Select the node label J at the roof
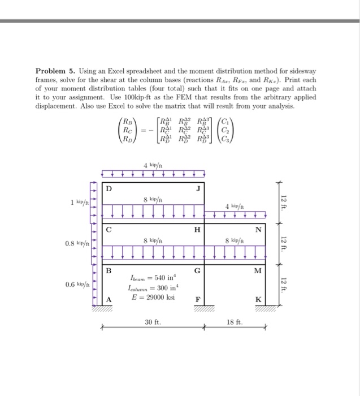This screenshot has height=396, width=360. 198,188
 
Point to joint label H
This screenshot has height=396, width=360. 196,229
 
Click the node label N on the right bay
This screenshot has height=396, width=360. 258,229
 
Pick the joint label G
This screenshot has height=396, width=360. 196,270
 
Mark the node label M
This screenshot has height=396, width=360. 258,270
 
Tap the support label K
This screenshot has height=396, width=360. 258,299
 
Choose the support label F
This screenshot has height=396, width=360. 196,299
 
